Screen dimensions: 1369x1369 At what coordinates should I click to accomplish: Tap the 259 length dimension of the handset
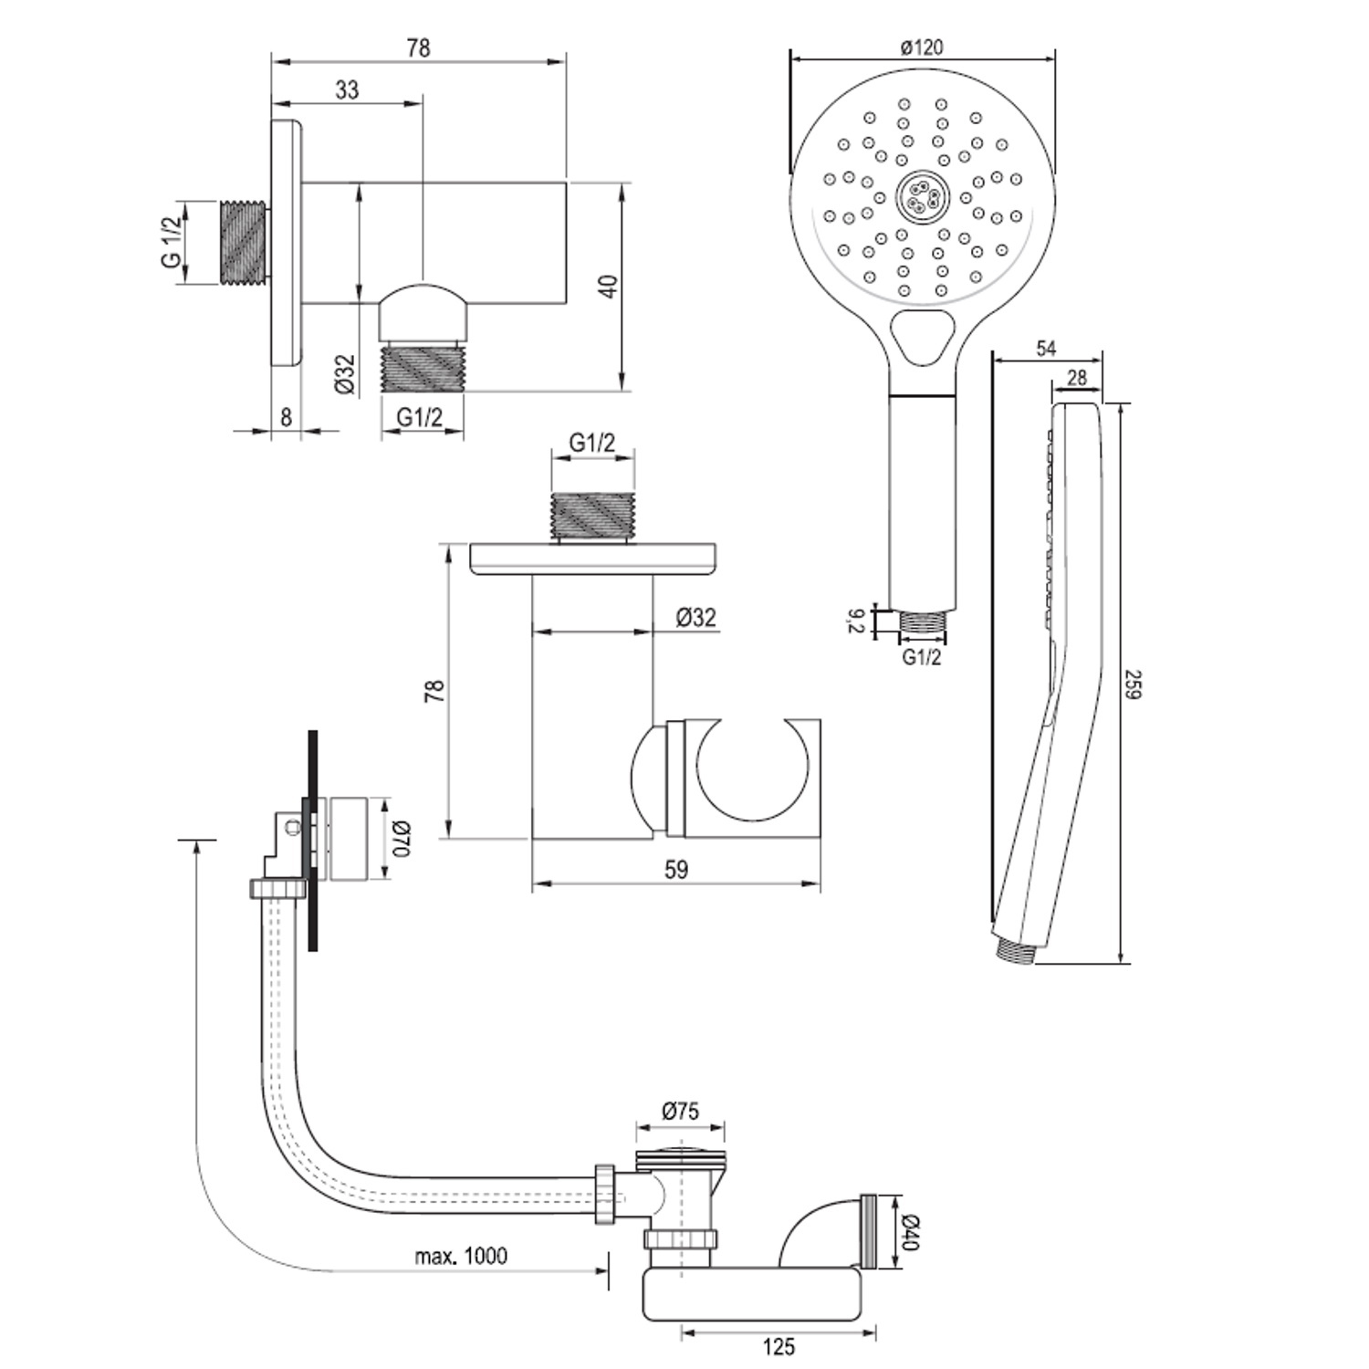click(1134, 684)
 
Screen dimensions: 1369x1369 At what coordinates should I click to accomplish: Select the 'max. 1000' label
click(461, 1256)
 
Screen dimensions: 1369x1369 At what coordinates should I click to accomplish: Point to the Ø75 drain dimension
click(679, 1111)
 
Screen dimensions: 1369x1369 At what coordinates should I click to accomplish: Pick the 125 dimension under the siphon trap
click(778, 1346)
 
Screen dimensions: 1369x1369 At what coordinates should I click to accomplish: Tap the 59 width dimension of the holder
click(675, 870)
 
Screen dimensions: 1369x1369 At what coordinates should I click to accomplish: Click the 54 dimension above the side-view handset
click(1046, 348)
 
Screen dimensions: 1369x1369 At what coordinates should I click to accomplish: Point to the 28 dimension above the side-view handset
click(1077, 378)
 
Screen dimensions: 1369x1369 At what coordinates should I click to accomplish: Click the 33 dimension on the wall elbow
click(347, 89)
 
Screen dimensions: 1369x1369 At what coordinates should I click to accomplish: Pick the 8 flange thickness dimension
click(286, 417)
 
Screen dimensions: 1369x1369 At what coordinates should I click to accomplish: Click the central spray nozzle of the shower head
click(922, 197)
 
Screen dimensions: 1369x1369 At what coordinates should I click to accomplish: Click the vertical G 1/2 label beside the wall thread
click(171, 243)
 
